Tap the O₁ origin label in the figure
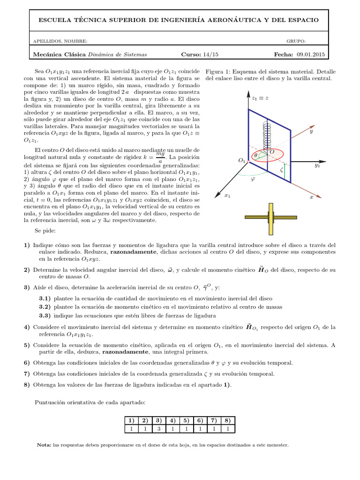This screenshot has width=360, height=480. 242,160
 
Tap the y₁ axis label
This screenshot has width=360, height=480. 317,165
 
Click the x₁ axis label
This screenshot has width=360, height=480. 227,195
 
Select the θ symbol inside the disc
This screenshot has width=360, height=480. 255,155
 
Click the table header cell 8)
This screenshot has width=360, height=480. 227,420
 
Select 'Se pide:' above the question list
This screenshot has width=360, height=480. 45,231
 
